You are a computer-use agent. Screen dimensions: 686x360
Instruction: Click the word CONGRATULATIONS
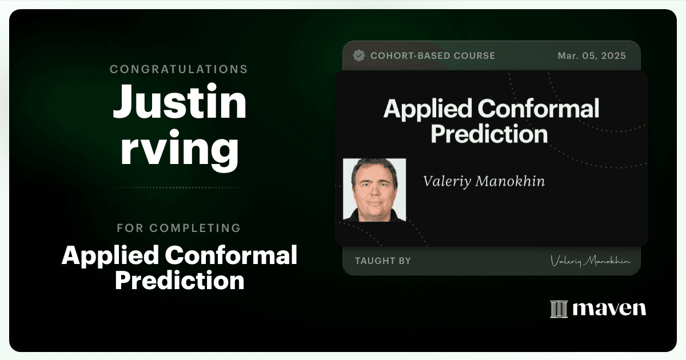click(179, 69)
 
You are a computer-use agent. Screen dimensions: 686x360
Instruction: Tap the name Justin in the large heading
click(180, 101)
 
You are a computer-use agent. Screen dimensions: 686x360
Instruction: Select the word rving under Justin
click(180, 150)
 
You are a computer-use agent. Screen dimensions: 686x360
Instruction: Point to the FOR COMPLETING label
click(179, 228)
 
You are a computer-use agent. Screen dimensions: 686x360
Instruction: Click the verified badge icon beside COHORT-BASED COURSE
click(359, 56)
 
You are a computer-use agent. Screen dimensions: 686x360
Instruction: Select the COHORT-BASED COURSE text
click(433, 56)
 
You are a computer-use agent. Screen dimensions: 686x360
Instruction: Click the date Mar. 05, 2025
click(592, 56)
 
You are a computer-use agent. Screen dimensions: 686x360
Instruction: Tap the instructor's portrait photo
click(374, 190)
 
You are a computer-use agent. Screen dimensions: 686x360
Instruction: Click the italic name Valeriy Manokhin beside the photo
click(484, 181)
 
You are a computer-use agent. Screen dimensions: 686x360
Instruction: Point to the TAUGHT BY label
click(383, 261)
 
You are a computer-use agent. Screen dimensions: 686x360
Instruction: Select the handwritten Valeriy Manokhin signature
click(590, 261)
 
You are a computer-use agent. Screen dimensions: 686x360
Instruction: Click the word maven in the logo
click(609, 309)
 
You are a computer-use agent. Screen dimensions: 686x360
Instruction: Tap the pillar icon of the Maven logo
click(559, 309)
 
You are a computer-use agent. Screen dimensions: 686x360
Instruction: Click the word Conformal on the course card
click(538, 109)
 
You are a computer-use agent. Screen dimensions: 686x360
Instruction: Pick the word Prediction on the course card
click(489, 134)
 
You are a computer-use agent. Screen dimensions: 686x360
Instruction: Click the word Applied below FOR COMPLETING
click(110, 256)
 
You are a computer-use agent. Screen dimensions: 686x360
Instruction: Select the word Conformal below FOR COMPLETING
click(231, 255)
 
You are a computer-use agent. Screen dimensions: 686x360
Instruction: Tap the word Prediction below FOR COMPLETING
click(180, 280)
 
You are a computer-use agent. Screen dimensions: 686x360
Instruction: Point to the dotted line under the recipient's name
click(180, 187)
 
